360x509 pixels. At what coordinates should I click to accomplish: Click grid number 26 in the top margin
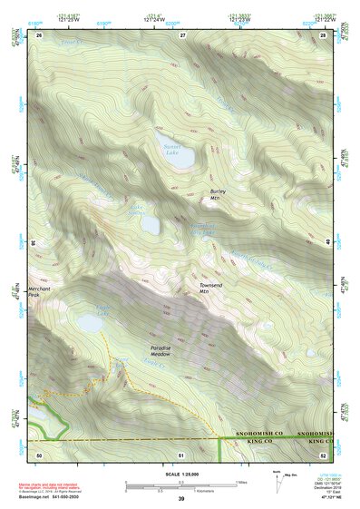pyautogui.click(x=40, y=34)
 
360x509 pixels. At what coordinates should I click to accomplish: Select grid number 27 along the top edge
pyautogui.click(x=182, y=34)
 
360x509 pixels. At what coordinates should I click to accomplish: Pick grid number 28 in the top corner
pyautogui.click(x=324, y=34)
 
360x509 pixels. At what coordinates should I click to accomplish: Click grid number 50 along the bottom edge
pyautogui.click(x=40, y=453)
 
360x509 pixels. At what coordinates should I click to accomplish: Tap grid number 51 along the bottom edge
pyautogui.click(x=181, y=453)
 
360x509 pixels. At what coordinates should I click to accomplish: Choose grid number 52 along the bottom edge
pyautogui.click(x=324, y=453)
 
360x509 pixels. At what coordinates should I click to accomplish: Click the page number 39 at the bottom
pyautogui.click(x=180, y=499)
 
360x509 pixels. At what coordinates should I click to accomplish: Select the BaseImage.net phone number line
pyautogui.click(x=53, y=498)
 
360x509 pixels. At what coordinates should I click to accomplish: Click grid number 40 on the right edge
pyautogui.click(x=328, y=241)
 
